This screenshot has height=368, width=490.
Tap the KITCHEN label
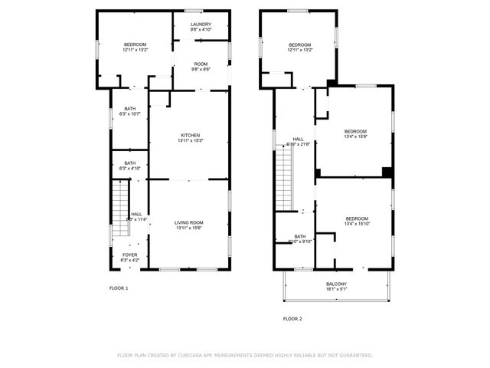pyautogui.click(x=190, y=135)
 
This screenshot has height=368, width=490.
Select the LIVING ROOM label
pyautogui.click(x=190, y=222)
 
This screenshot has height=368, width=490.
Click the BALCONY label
pyautogui.click(x=336, y=284)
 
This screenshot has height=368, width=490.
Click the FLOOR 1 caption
pyautogui.click(x=119, y=288)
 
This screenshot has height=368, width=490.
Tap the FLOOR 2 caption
pyautogui.click(x=292, y=318)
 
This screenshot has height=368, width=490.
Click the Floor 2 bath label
pyautogui.click(x=299, y=236)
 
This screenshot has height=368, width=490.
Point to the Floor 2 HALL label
pyautogui.click(x=298, y=140)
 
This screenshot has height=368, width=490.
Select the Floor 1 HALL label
pyautogui.click(x=136, y=214)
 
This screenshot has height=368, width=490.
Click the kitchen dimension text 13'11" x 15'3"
pyautogui.click(x=190, y=140)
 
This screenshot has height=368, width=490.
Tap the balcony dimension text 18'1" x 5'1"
pyautogui.click(x=336, y=290)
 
